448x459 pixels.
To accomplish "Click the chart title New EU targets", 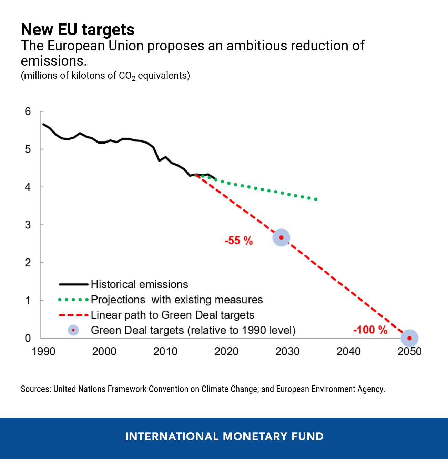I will [78, 30].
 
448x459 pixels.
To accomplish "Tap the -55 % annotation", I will [238, 241].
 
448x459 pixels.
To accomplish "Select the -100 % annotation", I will [370, 330].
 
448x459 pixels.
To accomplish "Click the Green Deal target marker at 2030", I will [281, 237].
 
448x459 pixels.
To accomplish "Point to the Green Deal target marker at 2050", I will [409, 338].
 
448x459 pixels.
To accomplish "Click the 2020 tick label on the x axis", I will [226, 351].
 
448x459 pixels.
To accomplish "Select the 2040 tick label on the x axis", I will [348, 351].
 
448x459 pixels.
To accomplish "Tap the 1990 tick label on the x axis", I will [43, 351].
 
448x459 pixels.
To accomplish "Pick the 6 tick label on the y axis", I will [28, 111].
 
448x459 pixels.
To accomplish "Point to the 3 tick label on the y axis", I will [28, 225].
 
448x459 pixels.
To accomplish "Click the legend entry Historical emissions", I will [139, 284].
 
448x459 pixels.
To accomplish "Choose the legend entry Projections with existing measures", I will [176, 300].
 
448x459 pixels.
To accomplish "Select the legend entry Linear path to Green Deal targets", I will [172, 315].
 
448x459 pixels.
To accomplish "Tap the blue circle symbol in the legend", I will [73, 330].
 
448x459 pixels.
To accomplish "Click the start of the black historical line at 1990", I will [43, 124].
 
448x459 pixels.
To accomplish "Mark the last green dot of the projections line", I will [316, 199].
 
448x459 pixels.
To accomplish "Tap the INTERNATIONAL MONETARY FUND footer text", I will [224, 436].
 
